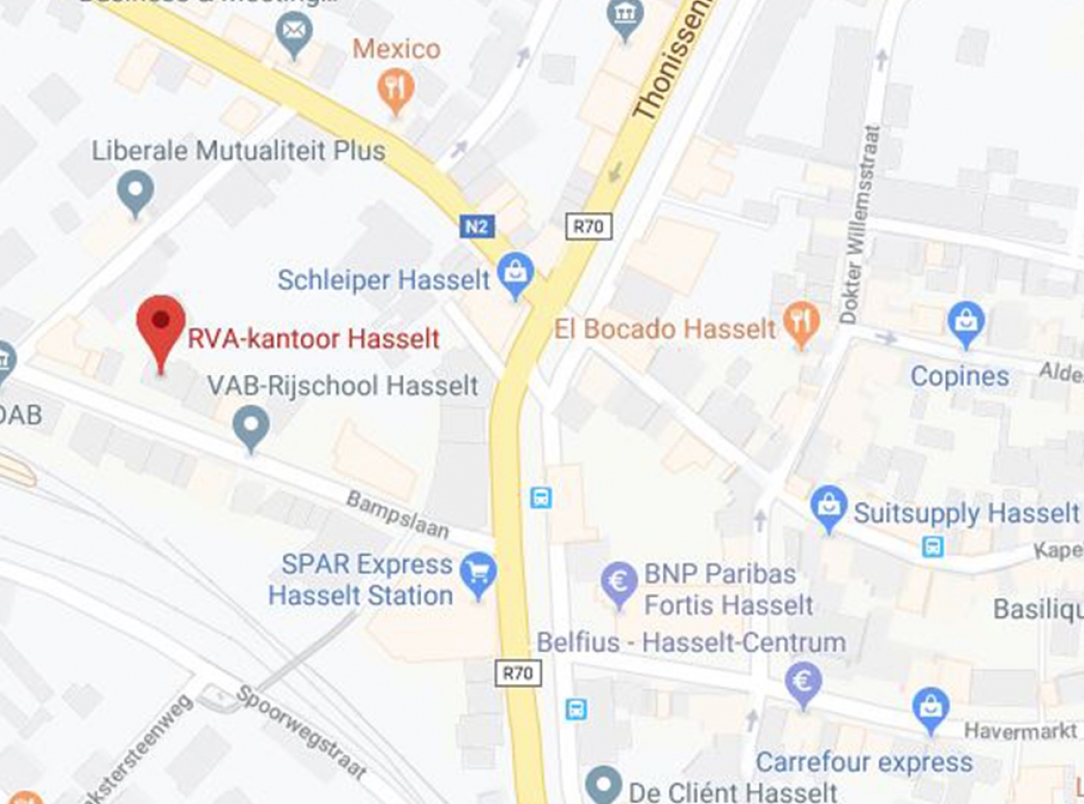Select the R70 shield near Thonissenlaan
pos(587,227)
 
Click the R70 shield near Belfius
pos(518,672)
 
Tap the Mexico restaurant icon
pos(395,89)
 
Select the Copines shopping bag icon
pos(965,322)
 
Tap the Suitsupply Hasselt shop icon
pos(828,507)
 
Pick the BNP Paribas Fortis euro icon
pos(619,583)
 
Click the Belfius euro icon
pos(803,682)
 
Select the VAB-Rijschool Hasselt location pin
pos(252,426)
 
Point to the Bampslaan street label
pos(398,514)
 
